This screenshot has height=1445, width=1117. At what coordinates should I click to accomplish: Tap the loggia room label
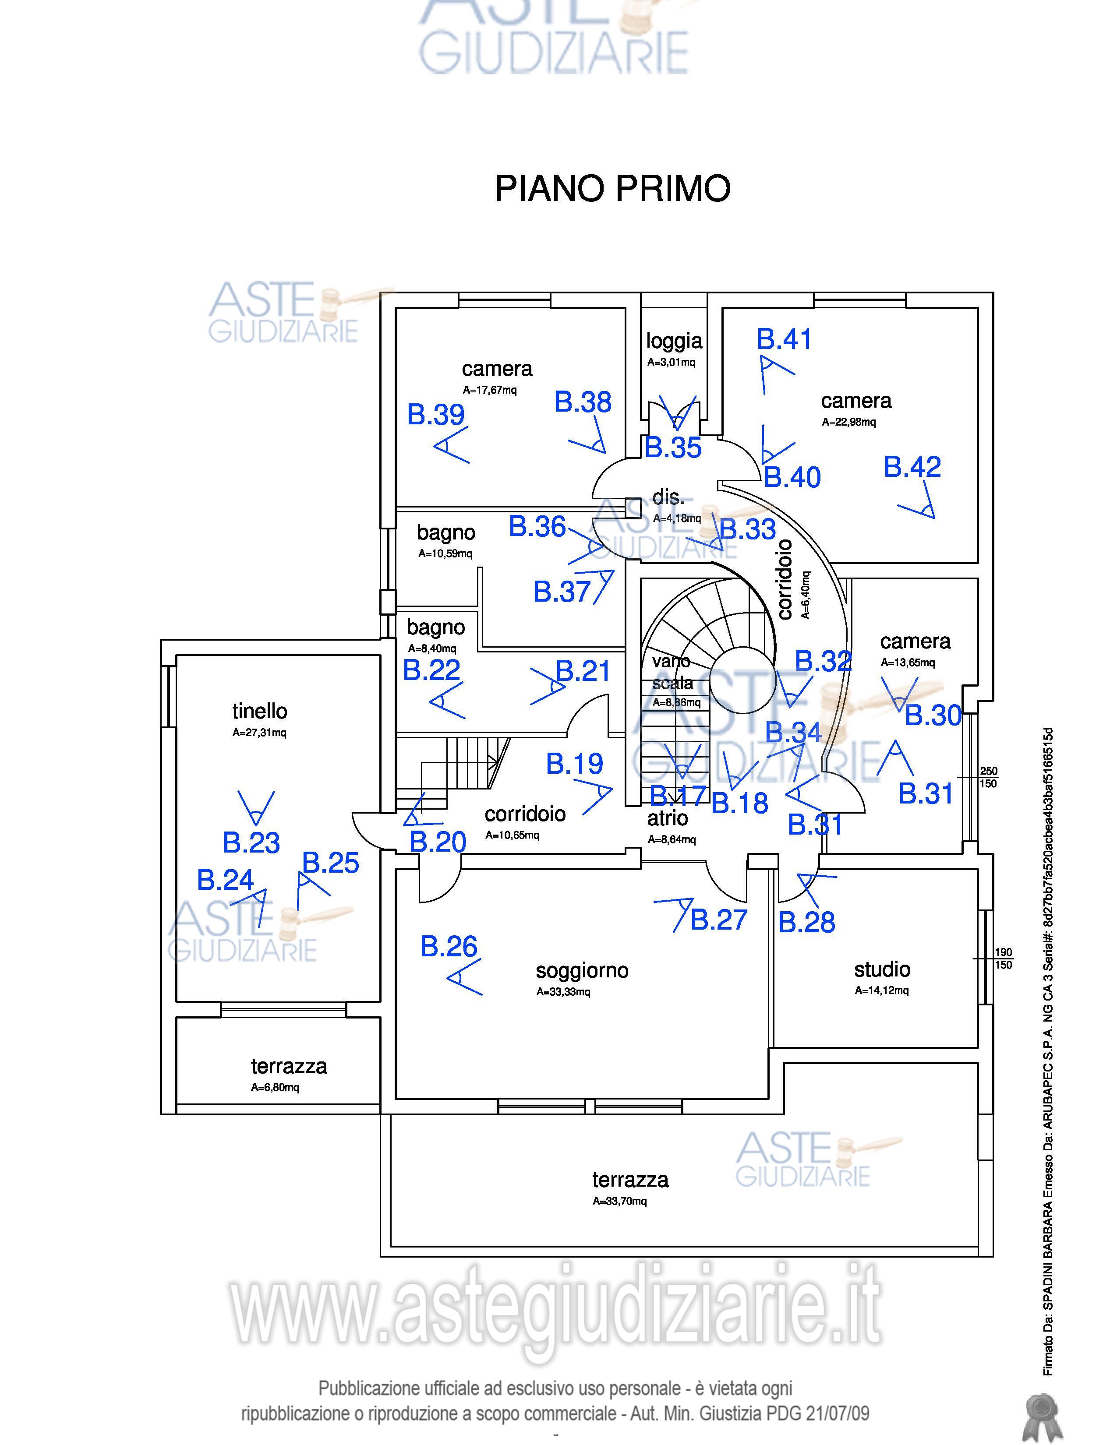point(674,342)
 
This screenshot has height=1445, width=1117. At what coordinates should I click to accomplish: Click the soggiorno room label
point(582,971)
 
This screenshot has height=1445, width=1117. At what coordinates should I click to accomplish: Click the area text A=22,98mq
point(848,422)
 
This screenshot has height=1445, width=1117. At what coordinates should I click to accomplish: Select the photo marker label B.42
point(912,467)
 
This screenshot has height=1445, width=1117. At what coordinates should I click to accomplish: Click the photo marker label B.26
point(449,946)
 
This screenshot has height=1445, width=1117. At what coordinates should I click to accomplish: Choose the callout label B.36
point(537,527)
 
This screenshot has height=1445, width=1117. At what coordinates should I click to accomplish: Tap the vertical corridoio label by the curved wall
point(785,579)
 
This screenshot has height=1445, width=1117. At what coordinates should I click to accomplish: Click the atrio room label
point(667,818)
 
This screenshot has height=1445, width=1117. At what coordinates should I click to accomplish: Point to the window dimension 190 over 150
point(1003,959)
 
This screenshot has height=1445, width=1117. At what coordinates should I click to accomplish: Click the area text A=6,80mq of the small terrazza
point(275,1087)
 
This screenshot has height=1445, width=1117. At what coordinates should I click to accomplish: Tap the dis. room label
point(668,497)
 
